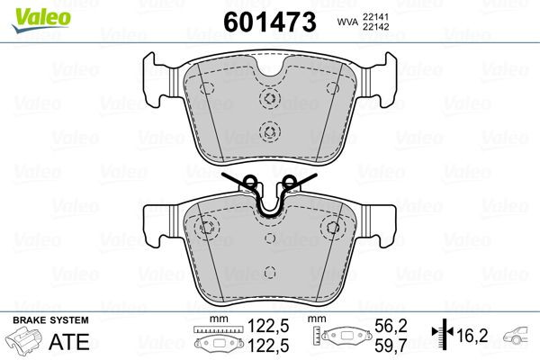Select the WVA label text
pyautogui.click(x=346, y=22)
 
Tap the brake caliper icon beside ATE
pyautogui.click(x=25, y=341)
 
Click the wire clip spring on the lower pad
pyautogui.click(x=268, y=192)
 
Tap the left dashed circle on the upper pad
pyautogui.click(x=204, y=88)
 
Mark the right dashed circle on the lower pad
pyautogui.click(x=334, y=227)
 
